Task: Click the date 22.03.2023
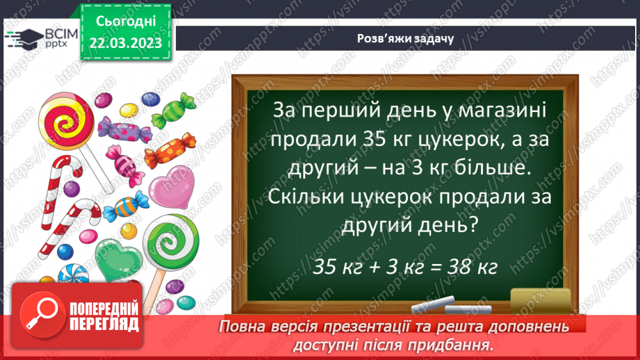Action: (x=125, y=43)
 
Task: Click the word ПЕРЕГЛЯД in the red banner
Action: (x=105, y=325)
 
